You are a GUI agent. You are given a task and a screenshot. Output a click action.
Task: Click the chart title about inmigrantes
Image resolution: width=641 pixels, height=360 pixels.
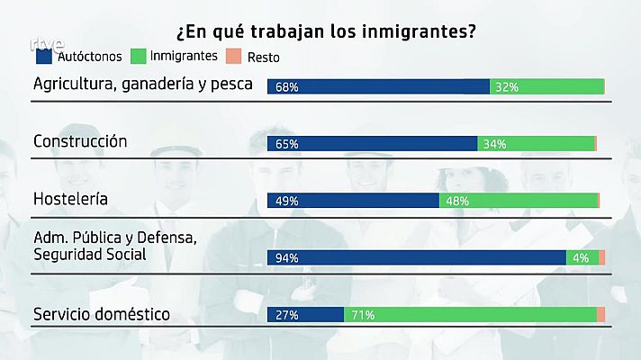326,31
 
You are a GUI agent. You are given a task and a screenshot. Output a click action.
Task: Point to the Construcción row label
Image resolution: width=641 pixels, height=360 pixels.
80,141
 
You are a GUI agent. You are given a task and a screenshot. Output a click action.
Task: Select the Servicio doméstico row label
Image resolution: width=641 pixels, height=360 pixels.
102,314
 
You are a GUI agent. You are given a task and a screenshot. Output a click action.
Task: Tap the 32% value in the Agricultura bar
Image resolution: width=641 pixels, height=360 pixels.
507,87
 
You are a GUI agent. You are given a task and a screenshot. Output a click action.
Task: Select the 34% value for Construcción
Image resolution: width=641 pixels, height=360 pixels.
494,144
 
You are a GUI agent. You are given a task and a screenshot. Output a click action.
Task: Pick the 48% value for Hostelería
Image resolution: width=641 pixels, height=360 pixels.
456,201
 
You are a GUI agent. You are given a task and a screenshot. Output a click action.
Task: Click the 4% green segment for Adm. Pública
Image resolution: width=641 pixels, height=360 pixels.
581,258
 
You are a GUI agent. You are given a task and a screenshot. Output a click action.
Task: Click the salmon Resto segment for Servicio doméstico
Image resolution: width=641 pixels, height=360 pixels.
600,314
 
